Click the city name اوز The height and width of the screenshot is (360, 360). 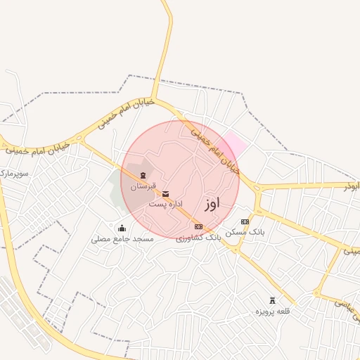[x=212, y=204]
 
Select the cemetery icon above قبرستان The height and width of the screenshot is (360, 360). [x=143, y=174]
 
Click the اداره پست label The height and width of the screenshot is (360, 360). [x=162, y=204]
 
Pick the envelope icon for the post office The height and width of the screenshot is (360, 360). [x=166, y=193]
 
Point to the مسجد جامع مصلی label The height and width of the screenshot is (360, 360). [x=122, y=239]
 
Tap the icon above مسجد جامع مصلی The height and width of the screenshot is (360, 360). [x=122, y=227]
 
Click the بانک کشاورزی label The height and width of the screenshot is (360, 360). [x=199, y=238]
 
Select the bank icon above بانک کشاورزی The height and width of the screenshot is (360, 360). [x=198, y=226]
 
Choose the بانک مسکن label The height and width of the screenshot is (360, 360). [x=245, y=232]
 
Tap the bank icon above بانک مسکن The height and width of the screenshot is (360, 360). [x=245, y=221]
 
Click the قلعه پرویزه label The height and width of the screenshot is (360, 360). [x=273, y=311]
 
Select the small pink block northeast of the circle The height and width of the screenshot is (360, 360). [x=235, y=145]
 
